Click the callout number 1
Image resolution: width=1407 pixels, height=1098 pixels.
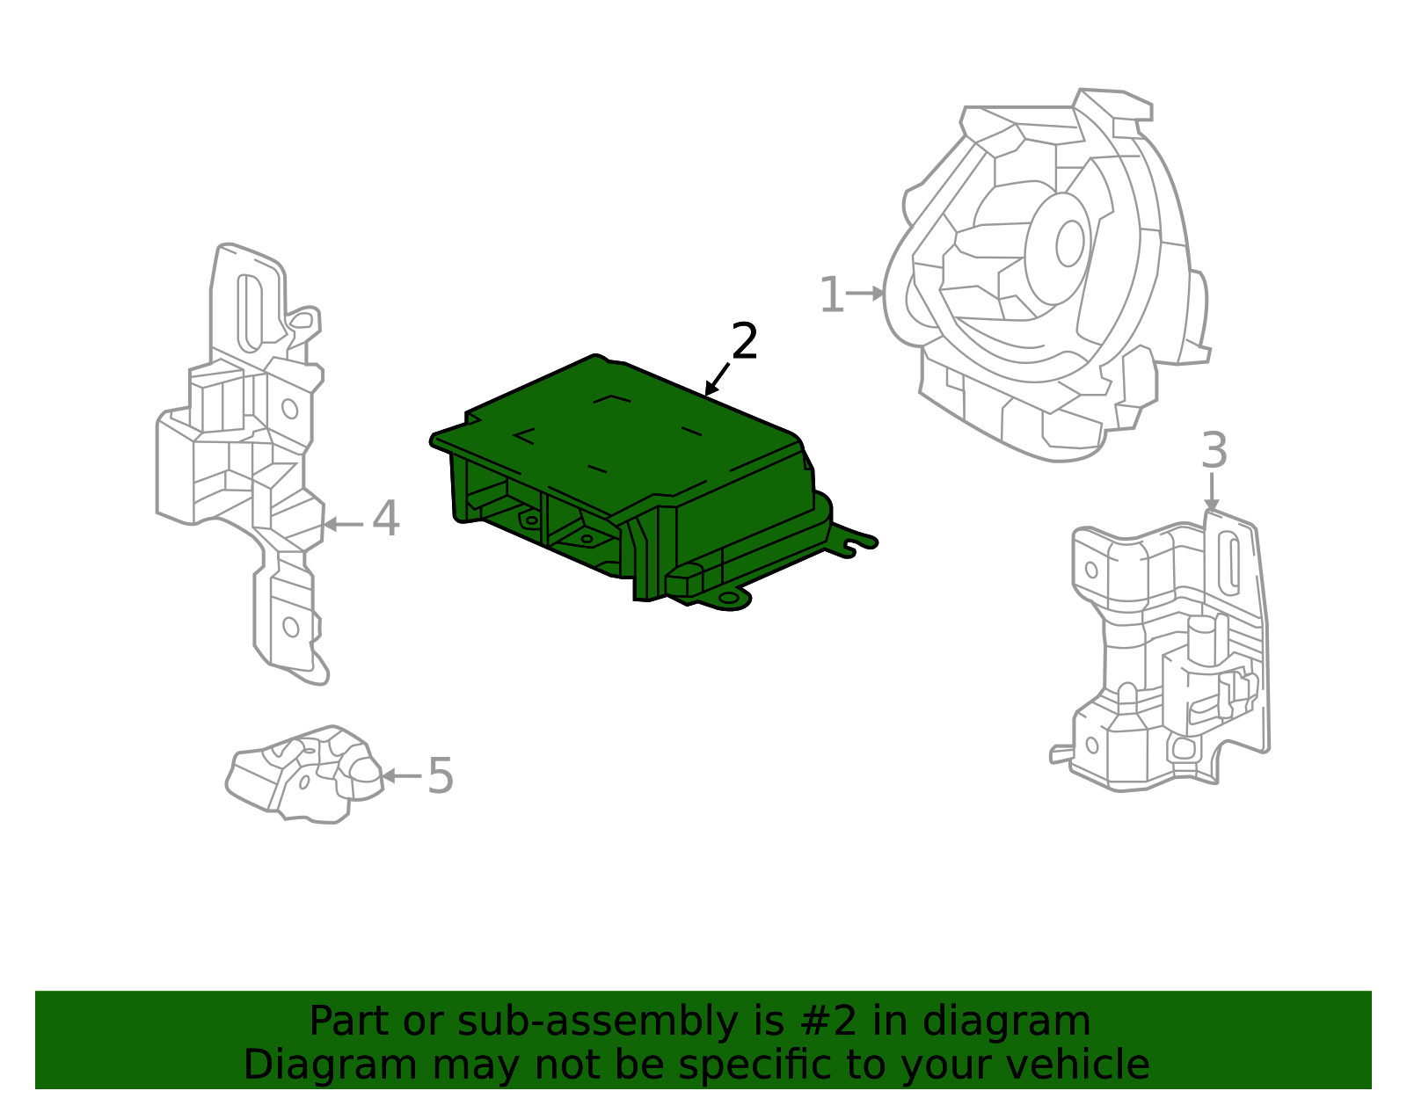830,295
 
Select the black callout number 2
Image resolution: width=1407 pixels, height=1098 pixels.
744,342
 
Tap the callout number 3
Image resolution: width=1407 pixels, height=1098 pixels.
1214,451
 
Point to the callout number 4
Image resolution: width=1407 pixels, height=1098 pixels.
385,519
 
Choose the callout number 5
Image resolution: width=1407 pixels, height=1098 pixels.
440,776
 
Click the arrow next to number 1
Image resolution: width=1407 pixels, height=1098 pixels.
866,294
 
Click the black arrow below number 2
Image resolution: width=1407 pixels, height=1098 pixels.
718,380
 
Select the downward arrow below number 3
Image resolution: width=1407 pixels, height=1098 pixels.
1212,492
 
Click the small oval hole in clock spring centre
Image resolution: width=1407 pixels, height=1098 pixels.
1069,244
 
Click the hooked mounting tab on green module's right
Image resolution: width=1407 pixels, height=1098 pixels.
855,542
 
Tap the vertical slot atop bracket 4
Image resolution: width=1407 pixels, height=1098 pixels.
250,312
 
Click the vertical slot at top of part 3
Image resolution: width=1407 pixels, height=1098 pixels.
1232,562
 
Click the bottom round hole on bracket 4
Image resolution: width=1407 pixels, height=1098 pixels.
290,627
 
